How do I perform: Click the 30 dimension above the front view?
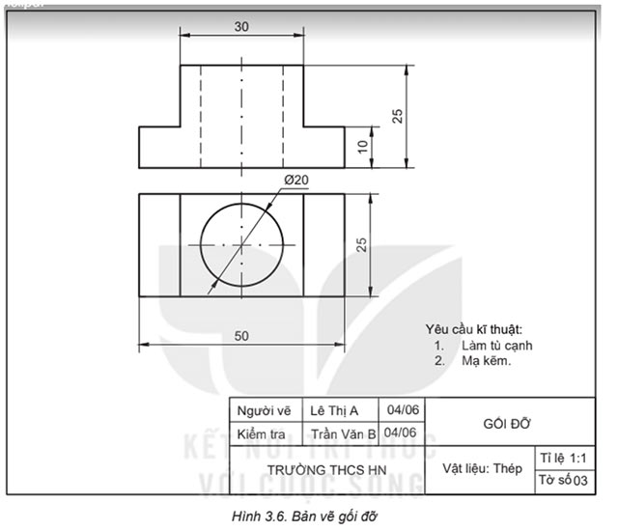point(240,26)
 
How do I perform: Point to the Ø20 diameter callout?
point(295,180)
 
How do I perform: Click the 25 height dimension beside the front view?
point(397,116)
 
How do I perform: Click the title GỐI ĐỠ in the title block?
point(507,422)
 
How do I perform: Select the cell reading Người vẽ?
point(263,409)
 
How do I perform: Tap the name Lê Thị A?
point(337,409)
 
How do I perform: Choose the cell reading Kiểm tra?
point(263,433)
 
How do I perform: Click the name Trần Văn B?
point(342,433)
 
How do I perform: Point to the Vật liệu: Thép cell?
point(482,469)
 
